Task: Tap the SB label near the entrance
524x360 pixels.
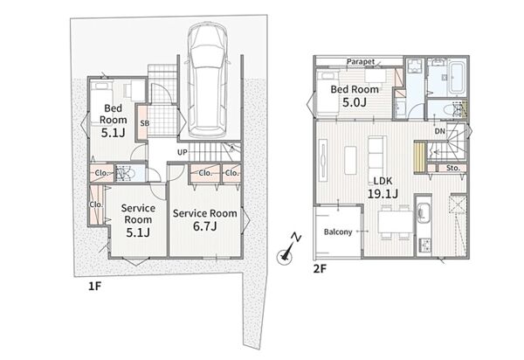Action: pos(144,123)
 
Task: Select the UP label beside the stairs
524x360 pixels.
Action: pos(183,152)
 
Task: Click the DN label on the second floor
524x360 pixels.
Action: pos(440,131)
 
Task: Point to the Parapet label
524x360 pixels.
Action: pos(361,61)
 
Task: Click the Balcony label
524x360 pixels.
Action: pos(338,232)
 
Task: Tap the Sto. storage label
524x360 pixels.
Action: pos(453,168)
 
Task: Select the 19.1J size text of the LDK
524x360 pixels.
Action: pos(383,193)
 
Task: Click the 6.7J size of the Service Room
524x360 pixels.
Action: pos(205,226)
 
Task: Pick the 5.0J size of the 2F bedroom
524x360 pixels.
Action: pos(355,102)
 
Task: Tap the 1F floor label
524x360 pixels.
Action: pos(94,286)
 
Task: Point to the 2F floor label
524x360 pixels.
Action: pos(320,269)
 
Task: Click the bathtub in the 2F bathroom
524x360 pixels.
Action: pos(456,77)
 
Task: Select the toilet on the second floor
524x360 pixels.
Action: pos(452,109)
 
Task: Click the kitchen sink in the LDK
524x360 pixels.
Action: pos(424,212)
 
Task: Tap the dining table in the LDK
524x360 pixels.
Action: pos(395,222)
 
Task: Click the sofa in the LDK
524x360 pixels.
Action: pos(377,155)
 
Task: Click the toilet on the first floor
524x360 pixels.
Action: pos(126,174)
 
